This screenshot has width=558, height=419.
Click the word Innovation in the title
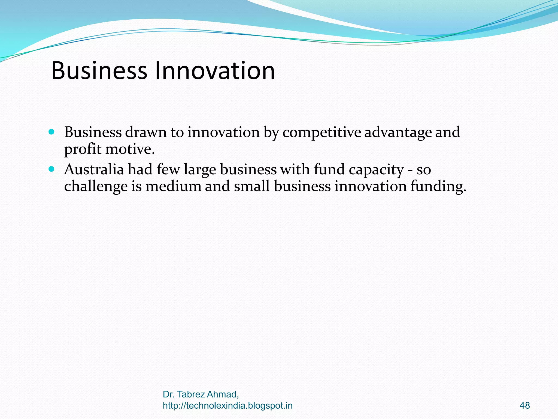point(215,71)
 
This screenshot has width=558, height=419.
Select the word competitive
point(322,133)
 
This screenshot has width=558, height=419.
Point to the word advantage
point(398,133)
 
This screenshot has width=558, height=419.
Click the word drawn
point(146,133)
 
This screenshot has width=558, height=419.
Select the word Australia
point(94,169)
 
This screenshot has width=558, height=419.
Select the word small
point(252,187)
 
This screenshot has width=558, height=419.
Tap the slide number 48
point(525,406)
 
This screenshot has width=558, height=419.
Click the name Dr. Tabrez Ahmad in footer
point(201,394)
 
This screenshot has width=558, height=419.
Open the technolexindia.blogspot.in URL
point(228,406)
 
